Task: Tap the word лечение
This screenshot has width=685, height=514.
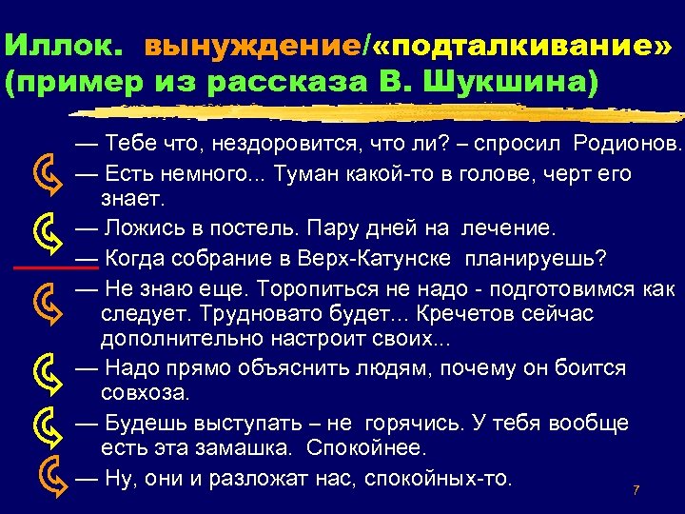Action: [513, 229]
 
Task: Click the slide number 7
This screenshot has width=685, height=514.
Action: [636, 490]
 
